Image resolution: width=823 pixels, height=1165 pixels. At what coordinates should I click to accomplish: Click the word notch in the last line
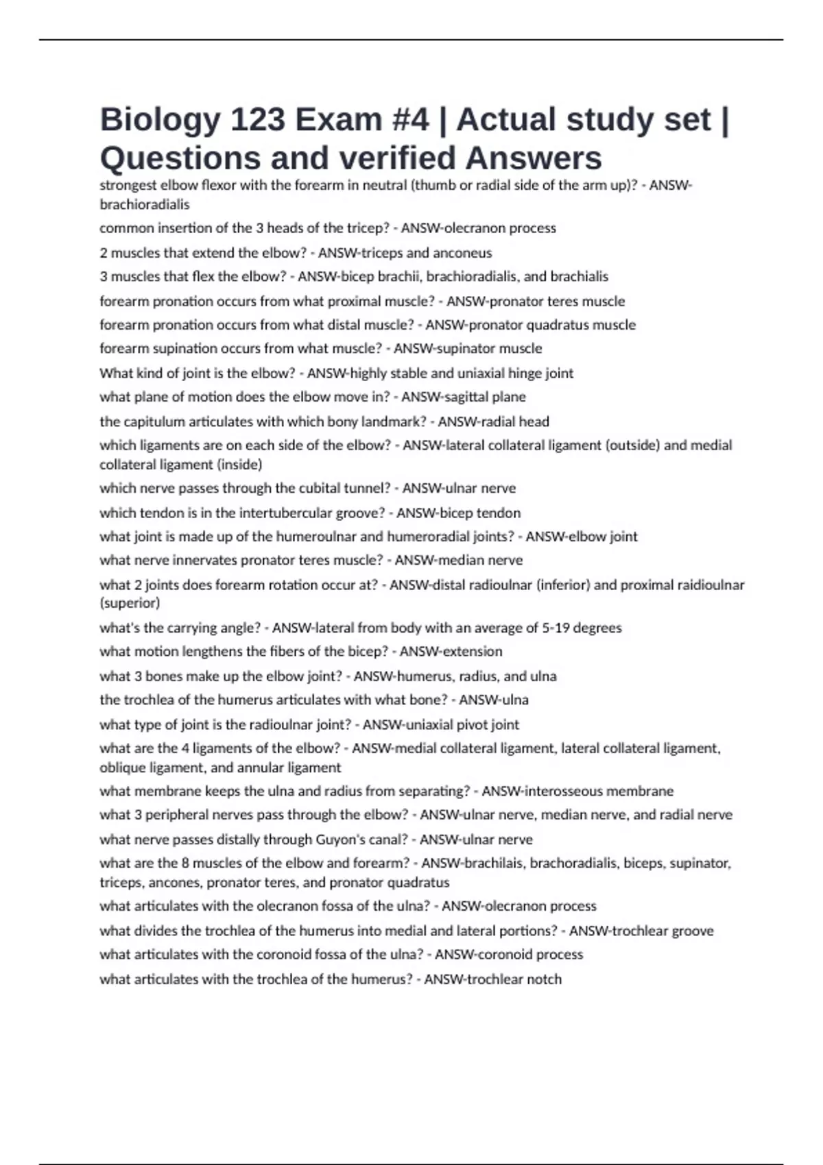pyautogui.click(x=545, y=979)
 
